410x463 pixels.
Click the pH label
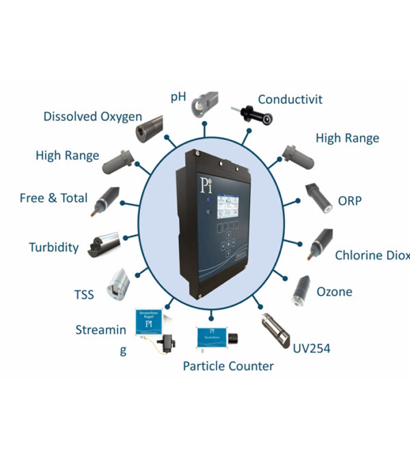(178, 96)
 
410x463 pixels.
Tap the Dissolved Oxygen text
(92, 116)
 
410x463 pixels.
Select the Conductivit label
(290, 99)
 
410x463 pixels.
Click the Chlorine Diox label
(372, 255)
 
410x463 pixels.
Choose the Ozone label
(334, 292)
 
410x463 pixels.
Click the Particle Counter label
(228, 366)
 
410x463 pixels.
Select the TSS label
(84, 295)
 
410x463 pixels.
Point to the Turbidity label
(54, 247)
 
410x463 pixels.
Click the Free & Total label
(54, 198)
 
